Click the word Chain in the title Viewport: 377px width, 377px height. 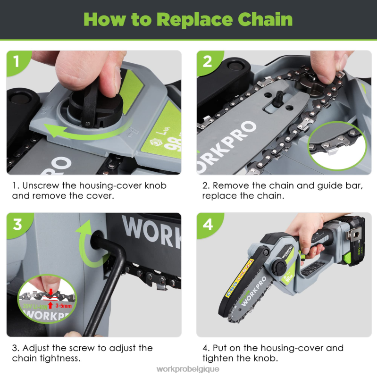265,19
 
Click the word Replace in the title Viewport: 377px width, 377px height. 196,19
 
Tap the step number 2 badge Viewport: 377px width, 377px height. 207,61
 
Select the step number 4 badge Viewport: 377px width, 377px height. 207,224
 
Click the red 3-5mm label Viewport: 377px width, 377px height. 63,305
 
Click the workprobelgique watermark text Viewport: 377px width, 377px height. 188,369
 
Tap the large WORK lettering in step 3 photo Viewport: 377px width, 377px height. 151,228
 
